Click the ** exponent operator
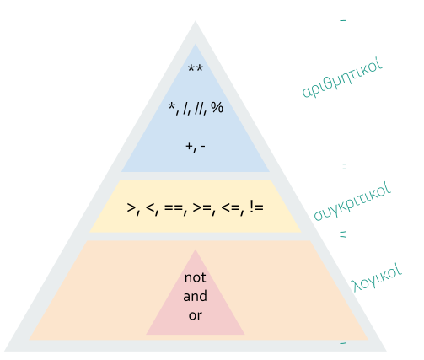pos(196,67)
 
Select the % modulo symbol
pos(217,107)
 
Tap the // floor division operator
pos(198,108)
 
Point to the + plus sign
pos(189,146)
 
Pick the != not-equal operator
pos(256,207)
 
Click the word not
pos(196,277)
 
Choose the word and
pos(196,296)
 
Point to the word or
pos(196,315)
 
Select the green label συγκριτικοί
pos(352,201)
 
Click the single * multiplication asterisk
pos(171,106)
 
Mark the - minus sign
pos(203,147)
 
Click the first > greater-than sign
pos(131,207)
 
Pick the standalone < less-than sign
pos(151,207)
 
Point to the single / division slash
pos(185,108)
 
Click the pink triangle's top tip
pos(196,250)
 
